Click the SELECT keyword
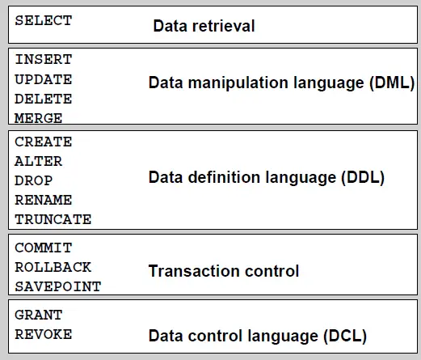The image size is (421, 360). click(x=44, y=21)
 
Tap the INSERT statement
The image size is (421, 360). click(x=44, y=60)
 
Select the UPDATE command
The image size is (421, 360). click(x=44, y=79)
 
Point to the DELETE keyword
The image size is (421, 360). click(x=44, y=99)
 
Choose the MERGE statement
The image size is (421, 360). click(x=39, y=118)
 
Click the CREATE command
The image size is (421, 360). click(x=44, y=142)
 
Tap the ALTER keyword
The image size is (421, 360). click(x=39, y=162)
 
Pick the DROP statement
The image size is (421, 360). click(x=34, y=180)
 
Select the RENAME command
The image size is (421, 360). click(x=44, y=200)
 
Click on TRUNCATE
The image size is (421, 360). click(x=53, y=219)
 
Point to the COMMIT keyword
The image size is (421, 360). click(x=44, y=248)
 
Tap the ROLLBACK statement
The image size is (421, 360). click(x=53, y=267)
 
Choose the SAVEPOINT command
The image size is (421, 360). click(x=58, y=286)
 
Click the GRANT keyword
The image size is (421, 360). click(x=39, y=315)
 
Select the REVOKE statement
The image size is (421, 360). click(x=44, y=334)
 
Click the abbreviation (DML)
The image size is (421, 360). click(x=392, y=83)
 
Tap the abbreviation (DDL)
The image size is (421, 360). click(x=363, y=178)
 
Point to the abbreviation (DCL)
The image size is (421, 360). click(x=345, y=337)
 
